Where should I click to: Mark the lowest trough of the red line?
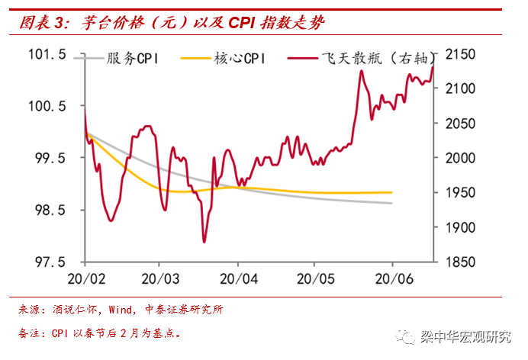pos(204,242)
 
